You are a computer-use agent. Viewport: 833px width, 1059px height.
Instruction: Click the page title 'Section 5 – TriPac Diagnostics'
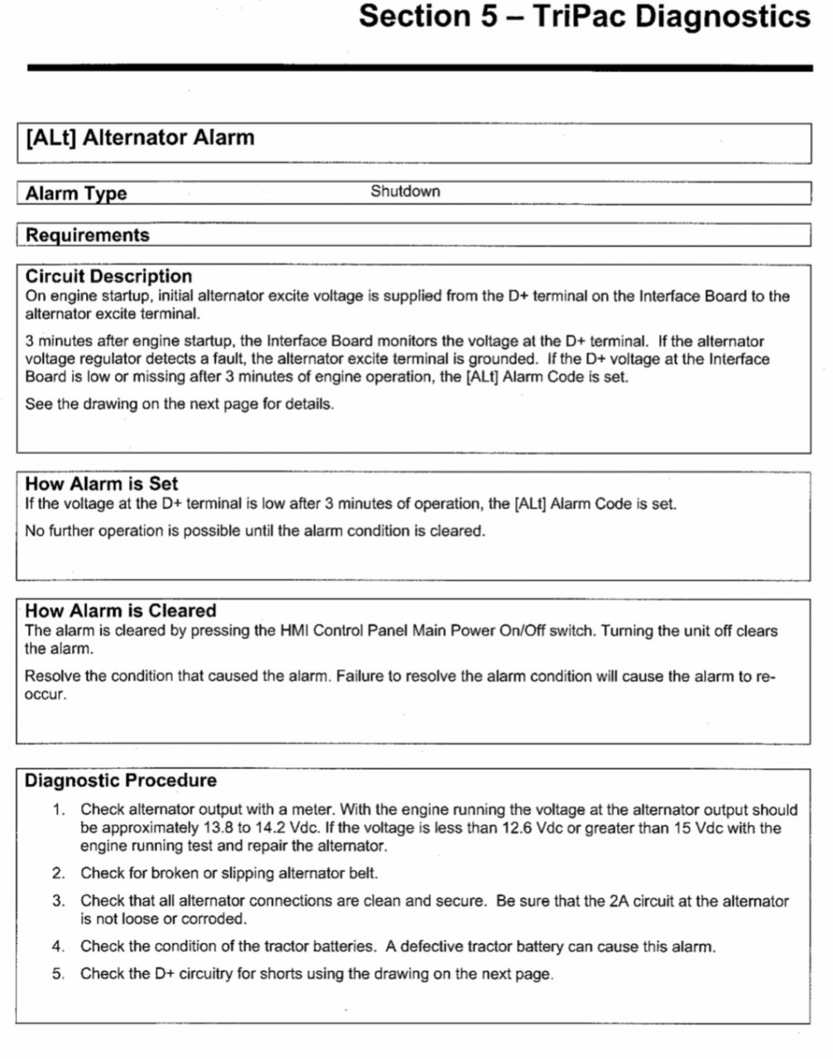[x=584, y=17]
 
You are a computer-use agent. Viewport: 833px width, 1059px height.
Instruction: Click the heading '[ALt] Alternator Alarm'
[x=140, y=137]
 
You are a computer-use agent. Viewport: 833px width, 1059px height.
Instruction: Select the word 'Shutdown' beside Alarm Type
[x=405, y=192]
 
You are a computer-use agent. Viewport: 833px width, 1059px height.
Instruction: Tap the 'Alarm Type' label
[x=76, y=194]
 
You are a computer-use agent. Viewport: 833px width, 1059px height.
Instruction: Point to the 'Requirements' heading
[x=87, y=235]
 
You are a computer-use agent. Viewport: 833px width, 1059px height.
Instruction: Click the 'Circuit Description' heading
[x=108, y=276]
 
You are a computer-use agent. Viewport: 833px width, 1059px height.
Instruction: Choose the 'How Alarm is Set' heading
[x=101, y=484]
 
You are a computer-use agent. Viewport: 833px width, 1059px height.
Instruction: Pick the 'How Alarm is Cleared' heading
[x=120, y=611]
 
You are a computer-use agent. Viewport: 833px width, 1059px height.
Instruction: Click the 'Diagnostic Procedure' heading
[x=120, y=780]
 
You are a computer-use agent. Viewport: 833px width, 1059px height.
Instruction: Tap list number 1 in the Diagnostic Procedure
[x=58, y=810]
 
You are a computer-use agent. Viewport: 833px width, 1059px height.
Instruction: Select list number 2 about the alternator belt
[x=58, y=873]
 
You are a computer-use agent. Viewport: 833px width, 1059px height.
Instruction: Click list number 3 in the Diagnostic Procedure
[x=58, y=901]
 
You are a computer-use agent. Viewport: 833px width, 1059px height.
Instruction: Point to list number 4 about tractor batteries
[x=58, y=946]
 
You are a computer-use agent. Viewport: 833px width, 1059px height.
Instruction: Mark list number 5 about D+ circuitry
[x=58, y=974]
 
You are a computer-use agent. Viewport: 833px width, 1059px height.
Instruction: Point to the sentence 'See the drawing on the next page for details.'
[x=180, y=405]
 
